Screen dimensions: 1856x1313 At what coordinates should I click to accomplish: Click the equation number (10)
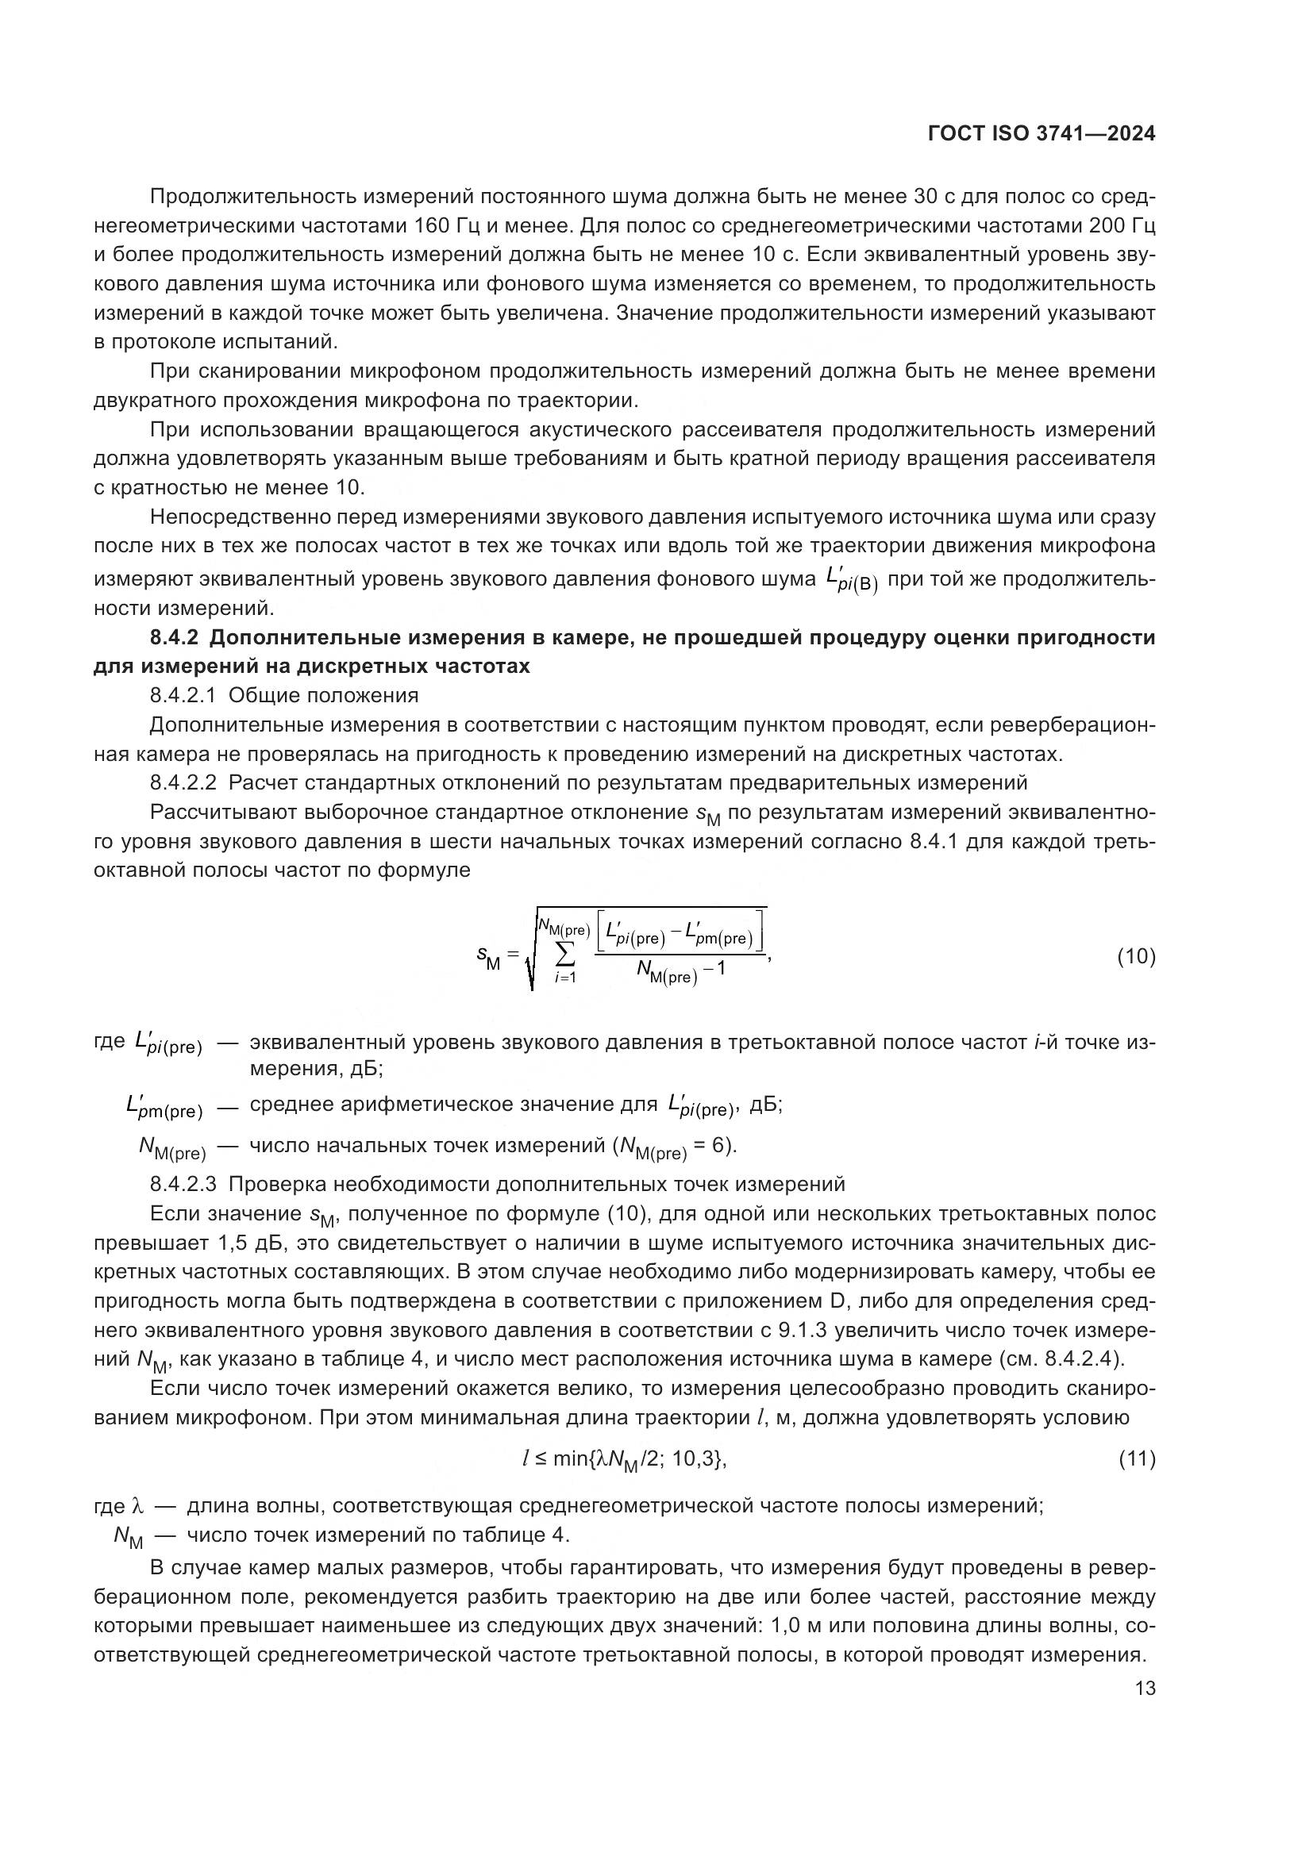click(1136, 957)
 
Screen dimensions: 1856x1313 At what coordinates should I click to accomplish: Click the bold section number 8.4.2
click(174, 638)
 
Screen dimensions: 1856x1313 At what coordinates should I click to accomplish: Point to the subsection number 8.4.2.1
click(183, 695)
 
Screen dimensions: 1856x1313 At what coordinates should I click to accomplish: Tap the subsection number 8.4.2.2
click(183, 782)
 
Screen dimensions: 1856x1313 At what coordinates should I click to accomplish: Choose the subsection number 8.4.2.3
click(183, 1184)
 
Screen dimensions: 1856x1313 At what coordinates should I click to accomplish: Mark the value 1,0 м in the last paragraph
click(800, 1626)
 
